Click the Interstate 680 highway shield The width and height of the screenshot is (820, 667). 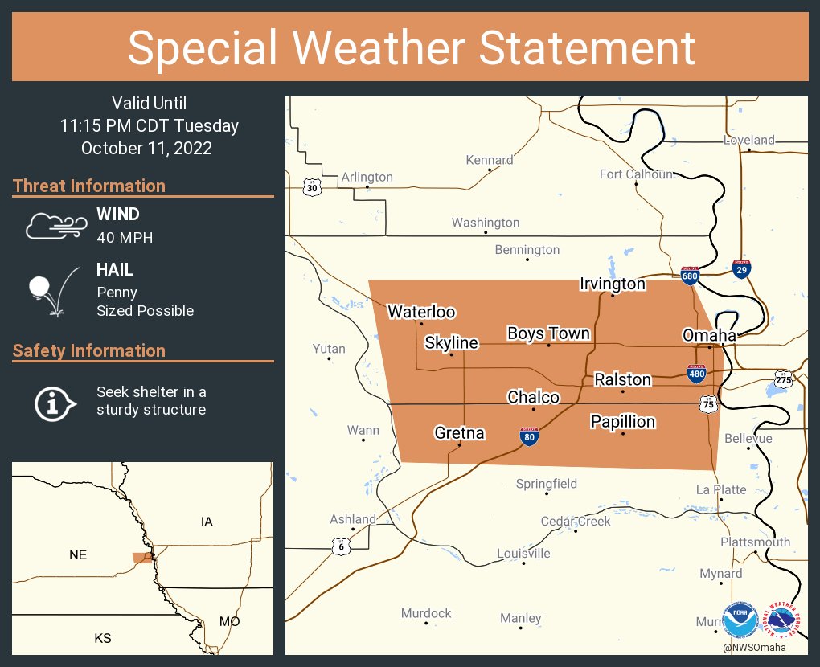pyautogui.click(x=689, y=276)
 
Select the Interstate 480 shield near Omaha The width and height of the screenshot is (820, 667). pyautogui.click(x=697, y=373)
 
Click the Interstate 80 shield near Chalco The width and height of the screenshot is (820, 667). pyautogui.click(x=529, y=436)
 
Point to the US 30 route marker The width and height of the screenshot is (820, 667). pyautogui.click(x=311, y=187)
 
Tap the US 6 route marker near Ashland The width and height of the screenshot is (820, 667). pyautogui.click(x=342, y=546)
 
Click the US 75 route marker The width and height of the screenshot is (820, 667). pyautogui.click(x=708, y=404)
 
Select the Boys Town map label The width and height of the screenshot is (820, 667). pyautogui.click(x=548, y=333)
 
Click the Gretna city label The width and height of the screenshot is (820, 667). pyautogui.click(x=459, y=433)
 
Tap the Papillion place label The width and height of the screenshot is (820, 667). pyautogui.click(x=622, y=422)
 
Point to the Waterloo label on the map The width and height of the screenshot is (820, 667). pyautogui.click(x=421, y=312)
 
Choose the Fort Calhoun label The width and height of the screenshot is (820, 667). pyautogui.click(x=636, y=174)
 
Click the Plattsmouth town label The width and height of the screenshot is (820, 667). pyautogui.click(x=755, y=542)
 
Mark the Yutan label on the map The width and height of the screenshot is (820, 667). pyautogui.click(x=329, y=349)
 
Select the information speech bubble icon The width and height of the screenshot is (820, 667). pyautogui.click(x=54, y=402)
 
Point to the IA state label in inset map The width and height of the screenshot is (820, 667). pyautogui.click(x=207, y=522)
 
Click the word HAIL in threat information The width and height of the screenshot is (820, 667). pyautogui.click(x=115, y=271)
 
